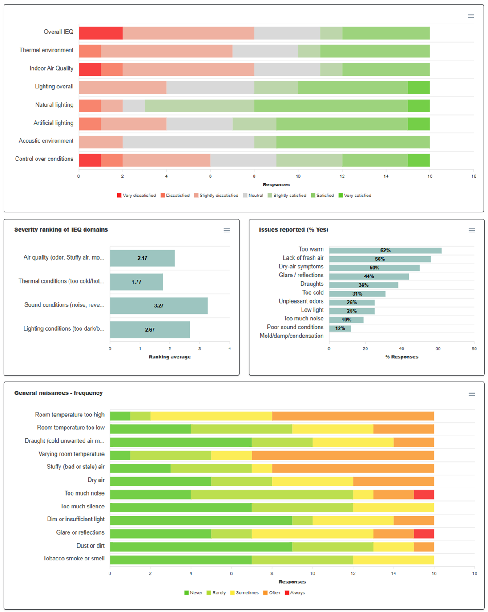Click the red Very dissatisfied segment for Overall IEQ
tap(101, 33)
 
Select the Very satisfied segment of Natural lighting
tap(419, 106)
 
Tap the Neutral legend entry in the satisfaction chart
tap(253, 196)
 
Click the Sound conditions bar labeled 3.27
tap(159, 306)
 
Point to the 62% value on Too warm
tap(385, 250)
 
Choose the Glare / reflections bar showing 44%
tap(369, 276)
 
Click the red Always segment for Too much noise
tap(424, 495)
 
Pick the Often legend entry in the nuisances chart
tap(272, 592)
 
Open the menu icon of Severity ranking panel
tap(226, 230)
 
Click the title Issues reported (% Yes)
tap(294, 229)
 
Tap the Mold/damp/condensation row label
tap(291, 336)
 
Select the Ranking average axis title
tap(169, 357)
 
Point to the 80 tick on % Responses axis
tap(474, 348)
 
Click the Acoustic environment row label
tap(46, 141)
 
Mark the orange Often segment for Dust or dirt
tap(424, 547)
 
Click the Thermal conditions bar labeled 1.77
tap(137, 282)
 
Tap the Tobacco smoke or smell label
tap(74, 558)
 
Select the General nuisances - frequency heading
tap(58, 393)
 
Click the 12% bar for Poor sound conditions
tap(340, 328)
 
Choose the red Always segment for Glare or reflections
tap(424, 534)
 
